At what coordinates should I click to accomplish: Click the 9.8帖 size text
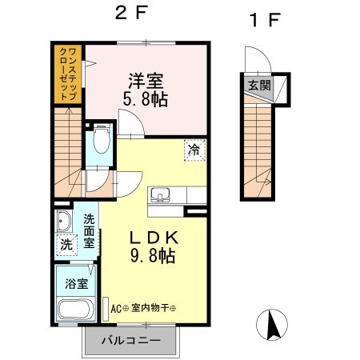[x=152, y=257]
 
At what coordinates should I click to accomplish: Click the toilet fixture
[x=100, y=142]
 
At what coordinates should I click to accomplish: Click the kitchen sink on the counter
[x=160, y=194]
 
